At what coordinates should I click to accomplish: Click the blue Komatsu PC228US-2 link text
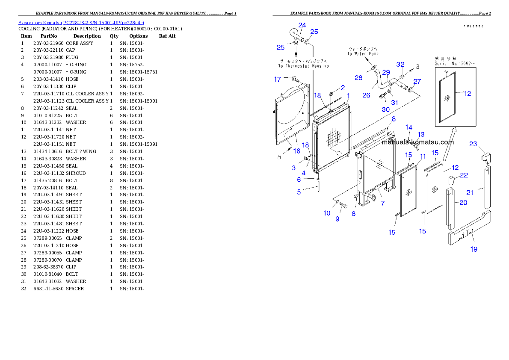click(81, 22)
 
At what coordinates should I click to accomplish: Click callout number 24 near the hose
click(302, 25)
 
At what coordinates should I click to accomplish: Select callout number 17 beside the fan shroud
click(278, 79)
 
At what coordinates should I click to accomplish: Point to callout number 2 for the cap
click(343, 88)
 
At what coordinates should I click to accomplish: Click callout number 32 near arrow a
click(400, 65)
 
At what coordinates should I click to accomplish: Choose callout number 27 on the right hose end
click(417, 82)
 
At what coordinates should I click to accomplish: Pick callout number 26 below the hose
click(366, 95)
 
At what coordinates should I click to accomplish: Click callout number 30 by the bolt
click(386, 109)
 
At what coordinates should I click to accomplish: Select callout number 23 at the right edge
click(473, 144)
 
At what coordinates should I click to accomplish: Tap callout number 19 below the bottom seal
click(474, 249)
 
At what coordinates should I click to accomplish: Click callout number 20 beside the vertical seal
click(463, 203)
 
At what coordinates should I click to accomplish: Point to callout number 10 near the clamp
click(327, 213)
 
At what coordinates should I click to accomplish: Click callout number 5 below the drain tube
click(299, 192)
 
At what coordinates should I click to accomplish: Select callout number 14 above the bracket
click(409, 127)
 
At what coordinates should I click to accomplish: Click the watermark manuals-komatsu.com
click(417, 142)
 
